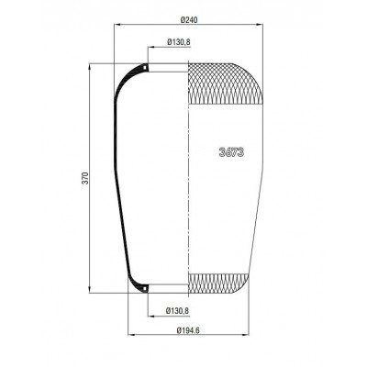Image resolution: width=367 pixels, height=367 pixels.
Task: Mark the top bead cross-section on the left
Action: (143, 67)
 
